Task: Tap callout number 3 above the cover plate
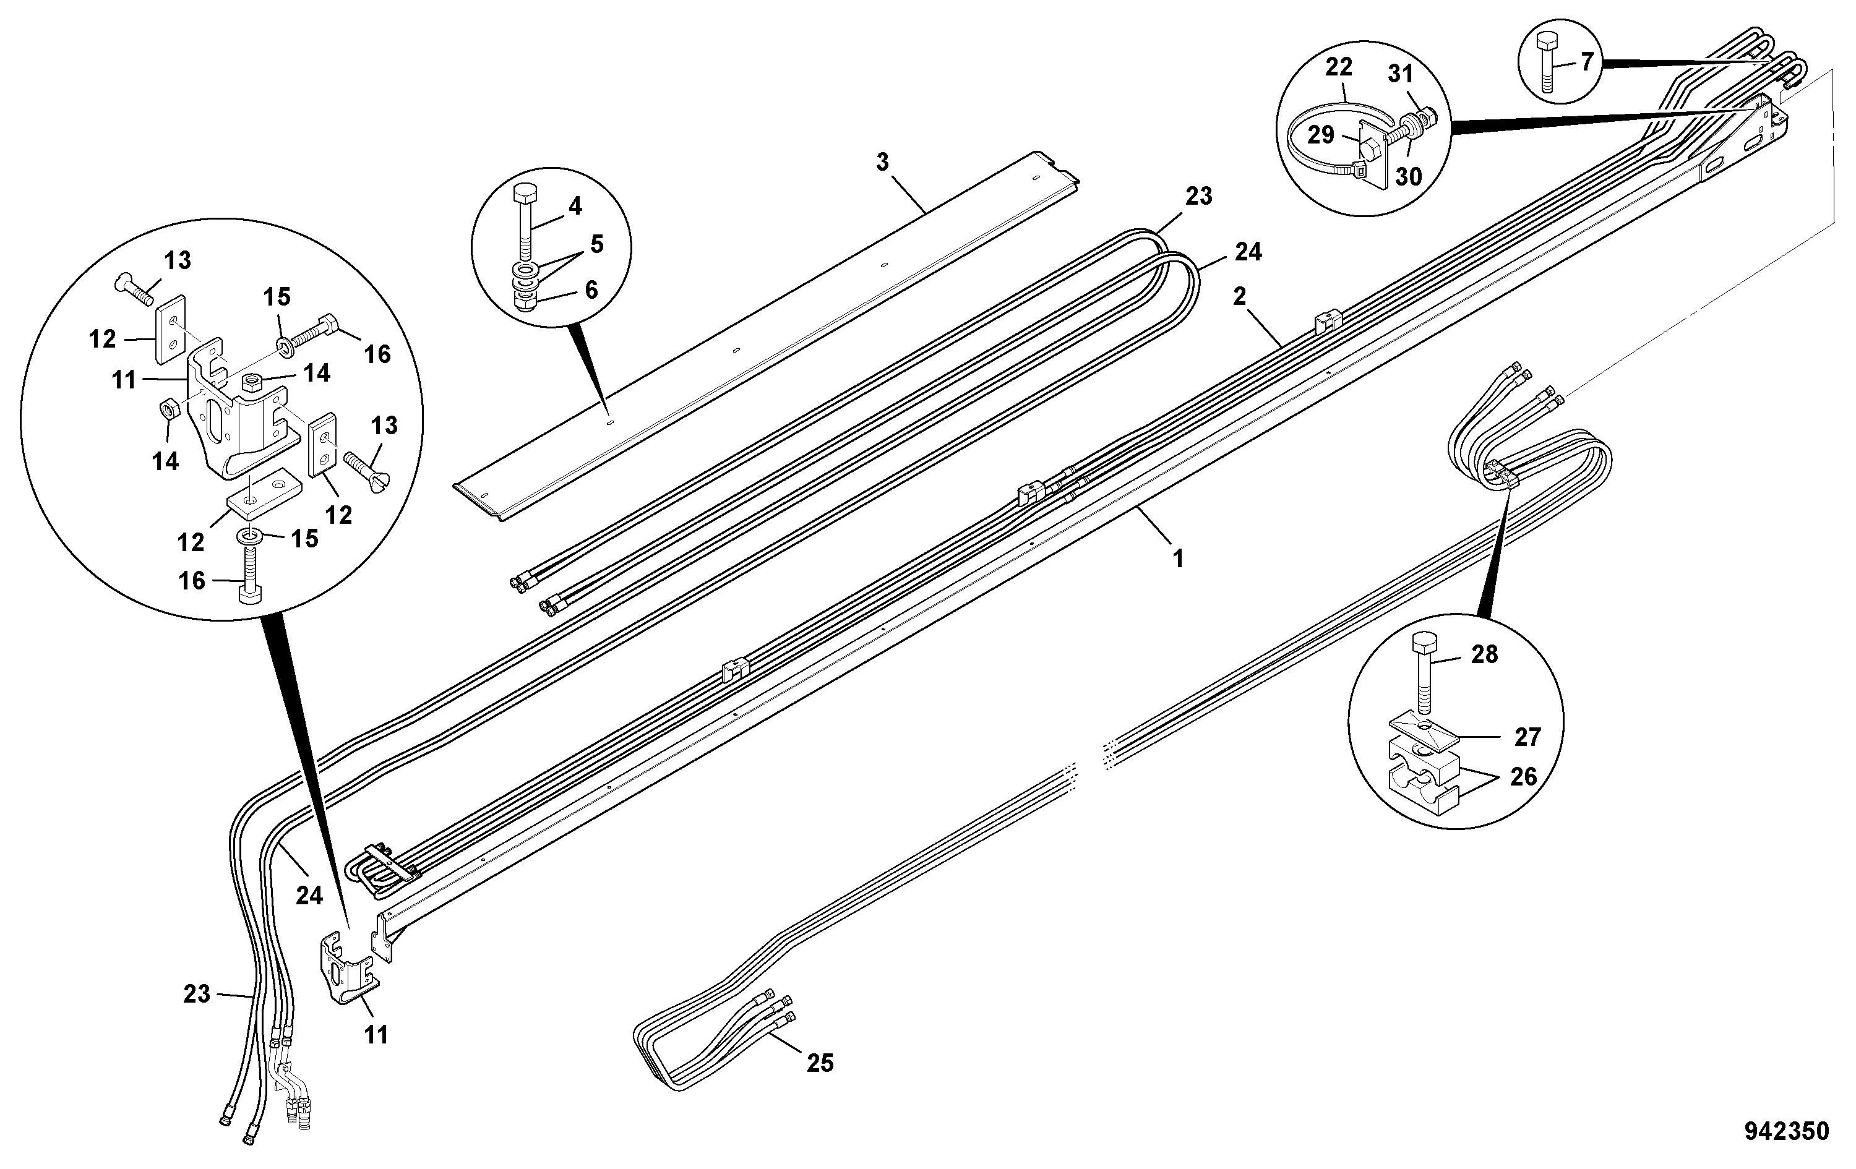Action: pos(882,162)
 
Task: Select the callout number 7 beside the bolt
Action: pos(1586,62)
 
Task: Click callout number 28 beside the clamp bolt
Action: pos(1485,654)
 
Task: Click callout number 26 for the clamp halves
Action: pos(1523,776)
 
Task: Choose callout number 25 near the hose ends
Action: pos(820,1063)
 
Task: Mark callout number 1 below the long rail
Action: pos(1178,558)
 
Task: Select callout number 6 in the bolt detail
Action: pos(591,289)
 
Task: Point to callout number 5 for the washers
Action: pos(598,244)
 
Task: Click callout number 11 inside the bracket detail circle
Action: pos(124,380)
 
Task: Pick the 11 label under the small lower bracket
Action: pos(376,1035)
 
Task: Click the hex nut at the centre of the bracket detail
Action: pos(254,380)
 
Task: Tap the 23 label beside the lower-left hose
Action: pos(197,994)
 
